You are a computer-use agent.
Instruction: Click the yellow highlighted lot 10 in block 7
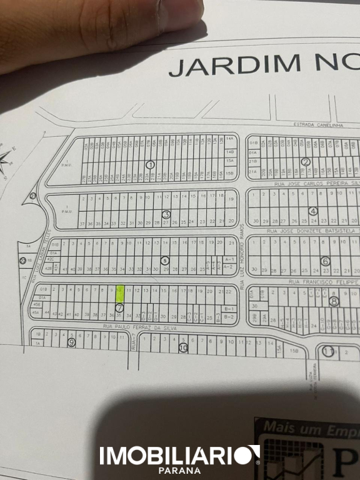pos(119,294)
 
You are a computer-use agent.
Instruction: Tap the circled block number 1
pos(149,164)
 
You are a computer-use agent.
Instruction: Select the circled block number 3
pos(166,214)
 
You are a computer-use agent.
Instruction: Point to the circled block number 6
pos(313,211)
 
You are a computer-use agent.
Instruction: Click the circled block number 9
pos(71,342)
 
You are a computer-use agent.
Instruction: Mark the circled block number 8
pos(334,301)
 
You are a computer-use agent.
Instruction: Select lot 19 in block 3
pos(231,199)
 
